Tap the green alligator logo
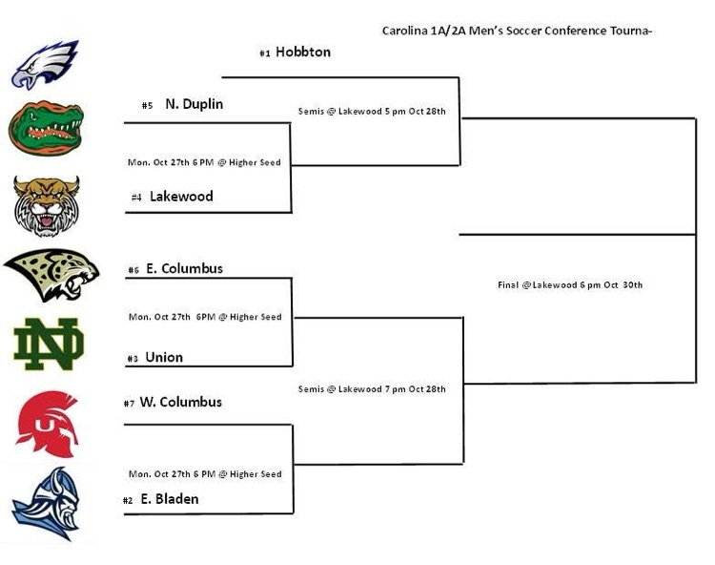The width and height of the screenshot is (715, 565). (x=45, y=128)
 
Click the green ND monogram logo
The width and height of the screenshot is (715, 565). (x=48, y=345)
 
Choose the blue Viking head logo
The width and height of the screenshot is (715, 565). (x=45, y=503)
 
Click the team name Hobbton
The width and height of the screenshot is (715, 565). (x=303, y=52)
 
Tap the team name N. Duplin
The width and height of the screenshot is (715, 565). (x=194, y=104)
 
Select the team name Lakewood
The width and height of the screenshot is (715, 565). (x=181, y=197)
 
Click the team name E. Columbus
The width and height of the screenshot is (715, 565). (x=184, y=269)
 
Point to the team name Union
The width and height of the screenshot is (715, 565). (x=164, y=358)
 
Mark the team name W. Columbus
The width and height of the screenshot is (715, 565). (x=180, y=403)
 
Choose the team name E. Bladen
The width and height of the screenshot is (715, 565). (x=170, y=499)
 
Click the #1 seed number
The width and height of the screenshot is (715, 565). (x=265, y=53)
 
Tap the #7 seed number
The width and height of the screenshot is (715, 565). (x=129, y=404)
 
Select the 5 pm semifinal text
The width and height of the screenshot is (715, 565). (x=372, y=112)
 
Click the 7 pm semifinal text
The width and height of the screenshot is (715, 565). (x=372, y=388)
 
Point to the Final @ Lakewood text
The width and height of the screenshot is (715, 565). (x=570, y=284)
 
